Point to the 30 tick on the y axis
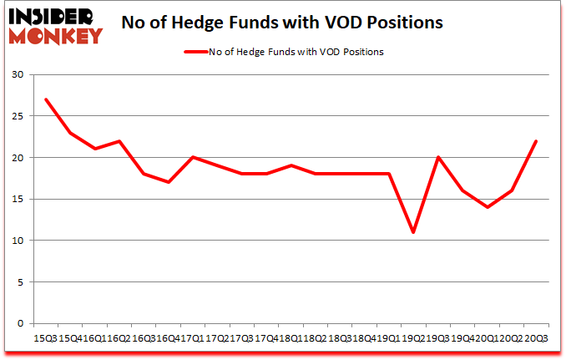point(18,75)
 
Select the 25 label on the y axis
point(18,116)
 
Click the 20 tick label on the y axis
point(18,158)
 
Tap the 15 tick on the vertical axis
point(18,199)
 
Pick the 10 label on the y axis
point(18,241)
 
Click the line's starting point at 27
point(45,99)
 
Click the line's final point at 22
point(536,141)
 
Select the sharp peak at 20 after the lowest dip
point(438,157)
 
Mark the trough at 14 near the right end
point(488,207)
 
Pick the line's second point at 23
point(70,133)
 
